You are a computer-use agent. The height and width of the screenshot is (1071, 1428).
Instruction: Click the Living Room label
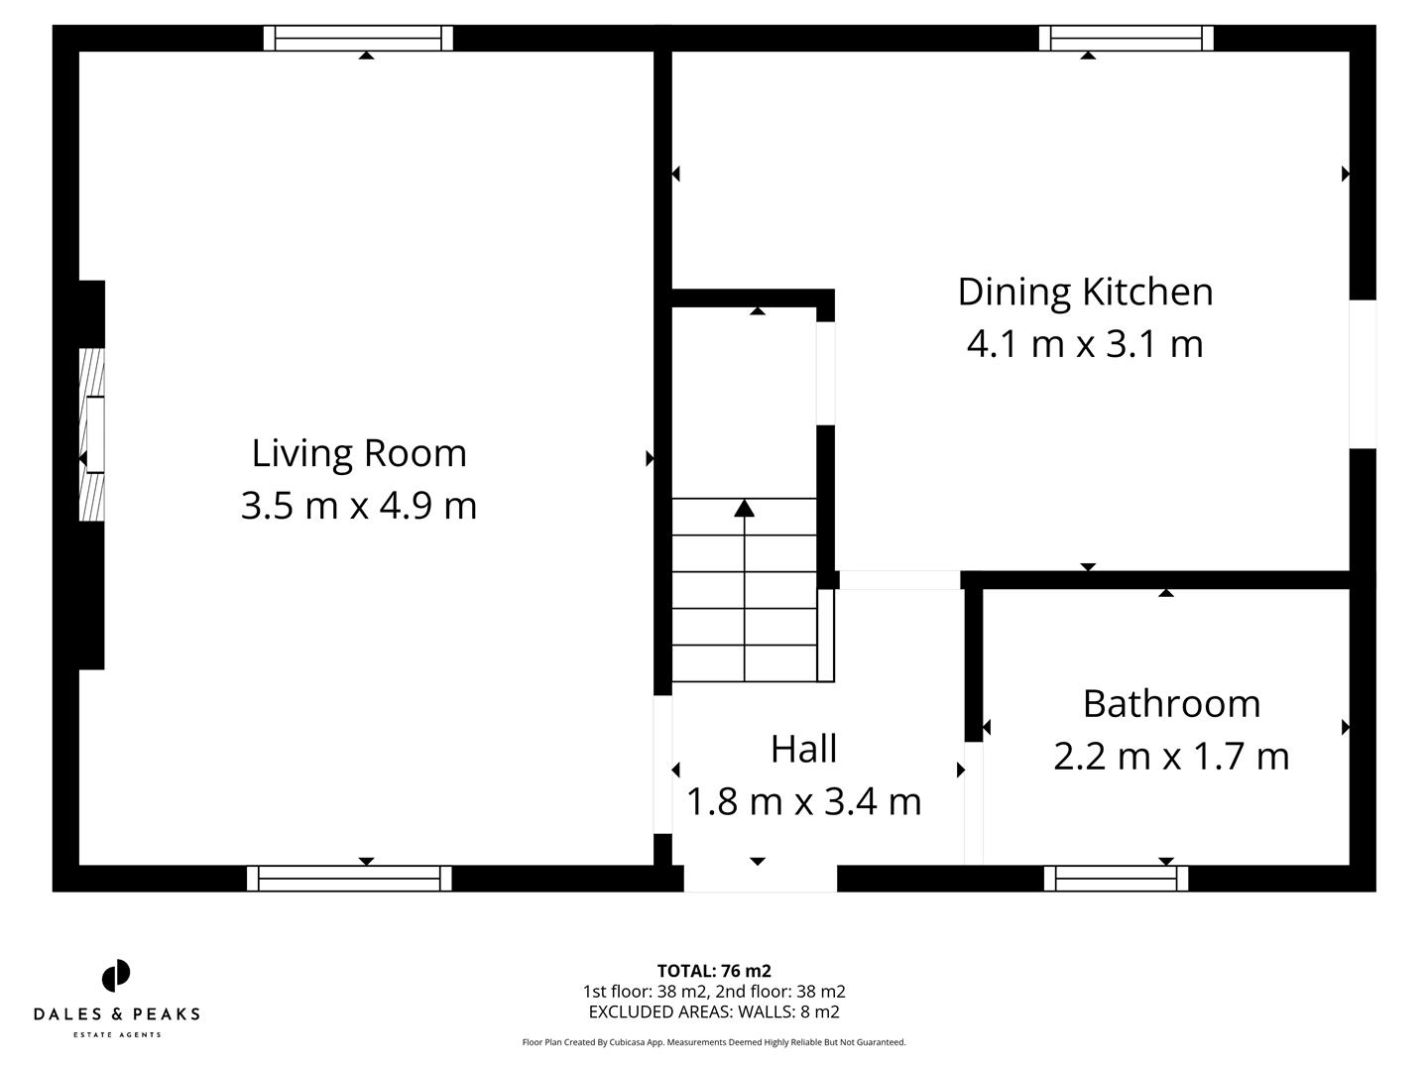click(359, 453)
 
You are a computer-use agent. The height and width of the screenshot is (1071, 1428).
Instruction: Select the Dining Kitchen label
click(1085, 292)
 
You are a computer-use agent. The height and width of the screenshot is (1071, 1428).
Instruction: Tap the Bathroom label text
click(1171, 703)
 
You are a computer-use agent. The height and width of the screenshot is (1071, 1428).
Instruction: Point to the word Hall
click(803, 749)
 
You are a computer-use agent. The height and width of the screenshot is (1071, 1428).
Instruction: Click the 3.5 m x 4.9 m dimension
click(359, 506)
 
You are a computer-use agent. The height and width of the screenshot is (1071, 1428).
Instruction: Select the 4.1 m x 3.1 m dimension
click(1085, 344)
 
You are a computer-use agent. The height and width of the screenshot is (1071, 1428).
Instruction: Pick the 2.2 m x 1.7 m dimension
click(1171, 756)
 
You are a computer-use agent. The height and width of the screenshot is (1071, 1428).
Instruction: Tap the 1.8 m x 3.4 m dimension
click(803, 801)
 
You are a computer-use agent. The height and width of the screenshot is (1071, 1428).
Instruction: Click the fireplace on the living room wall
click(92, 433)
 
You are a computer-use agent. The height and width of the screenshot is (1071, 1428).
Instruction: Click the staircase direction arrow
click(744, 509)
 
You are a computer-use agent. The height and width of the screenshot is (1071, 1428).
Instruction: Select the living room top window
click(358, 38)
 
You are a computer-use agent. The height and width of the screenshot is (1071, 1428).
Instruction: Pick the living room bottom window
click(349, 879)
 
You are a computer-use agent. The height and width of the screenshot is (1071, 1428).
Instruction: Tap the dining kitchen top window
click(1126, 38)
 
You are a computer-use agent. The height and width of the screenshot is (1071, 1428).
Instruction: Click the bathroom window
click(1116, 879)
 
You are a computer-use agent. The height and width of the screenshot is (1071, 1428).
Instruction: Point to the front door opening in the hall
click(760, 879)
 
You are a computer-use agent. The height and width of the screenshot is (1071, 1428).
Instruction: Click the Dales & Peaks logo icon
click(116, 976)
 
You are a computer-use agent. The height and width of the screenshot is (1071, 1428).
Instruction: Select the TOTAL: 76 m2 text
click(714, 971)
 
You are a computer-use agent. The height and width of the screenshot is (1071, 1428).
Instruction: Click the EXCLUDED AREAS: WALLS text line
click(714, 1012)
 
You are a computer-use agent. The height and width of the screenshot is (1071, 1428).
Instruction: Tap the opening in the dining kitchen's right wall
click(1363, 374)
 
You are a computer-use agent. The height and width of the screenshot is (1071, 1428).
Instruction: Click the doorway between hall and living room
click(662, 764)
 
